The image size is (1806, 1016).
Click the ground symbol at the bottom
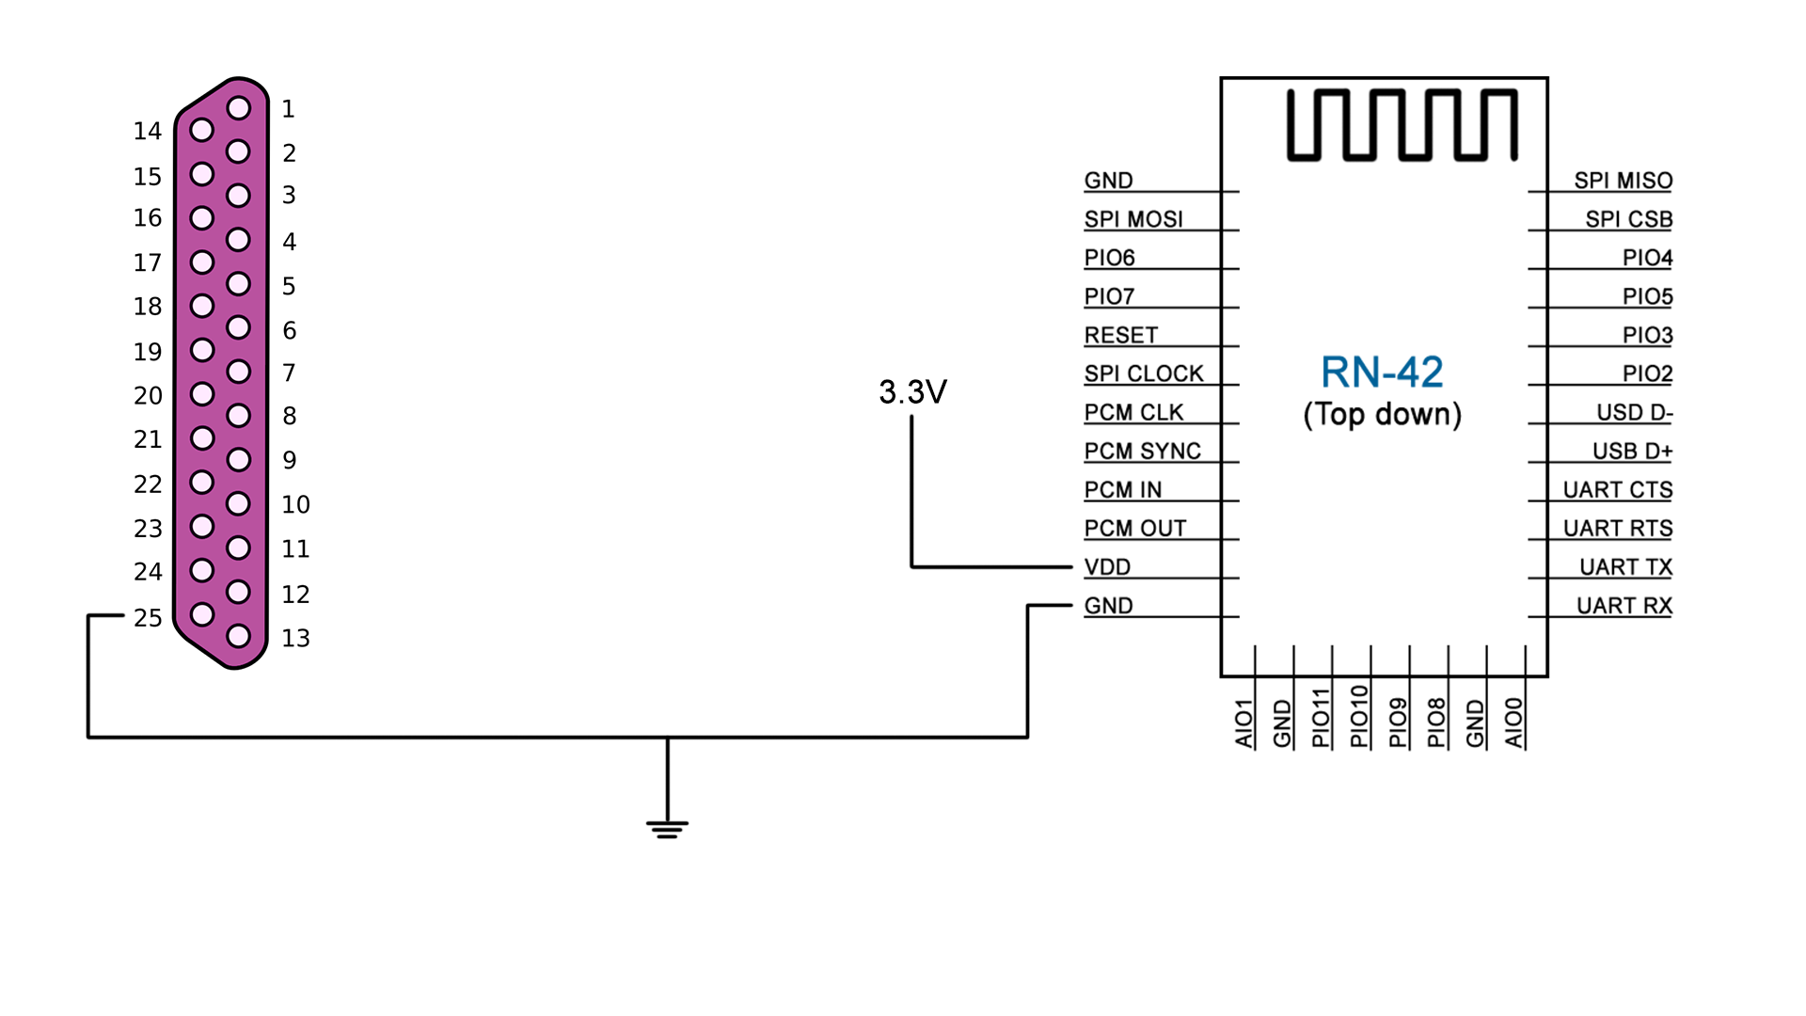tap(667, 828)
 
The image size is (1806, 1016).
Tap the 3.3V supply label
tap(912, 392)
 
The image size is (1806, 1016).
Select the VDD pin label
tap(1107, 567)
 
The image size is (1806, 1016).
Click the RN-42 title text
tap(1381, 373)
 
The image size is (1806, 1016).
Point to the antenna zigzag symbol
tap(1402, 125)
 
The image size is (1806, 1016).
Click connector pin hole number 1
tap(239, 108)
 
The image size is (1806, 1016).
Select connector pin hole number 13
tap(239, 636)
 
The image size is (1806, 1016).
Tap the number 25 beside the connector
tap(148, 618)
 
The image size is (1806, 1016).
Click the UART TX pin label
tap(1625, 567)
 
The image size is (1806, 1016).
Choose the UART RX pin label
tap(1624, 606)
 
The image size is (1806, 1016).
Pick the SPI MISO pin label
tap(1623, 181)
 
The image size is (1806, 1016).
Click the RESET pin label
tap(1120, 335)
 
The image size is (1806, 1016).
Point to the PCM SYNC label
tap(1142, 452)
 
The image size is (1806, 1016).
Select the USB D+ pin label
tap(1632, 452)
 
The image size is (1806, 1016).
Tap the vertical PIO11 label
tap(1321, 718)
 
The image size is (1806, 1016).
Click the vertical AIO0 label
tap(1513, 722)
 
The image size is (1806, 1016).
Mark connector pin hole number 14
tap(201, 130)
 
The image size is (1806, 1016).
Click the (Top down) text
tap(1382, 415)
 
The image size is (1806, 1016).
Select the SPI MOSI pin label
tap(1133, 219)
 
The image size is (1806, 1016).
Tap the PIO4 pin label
tap(1647, 258)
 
